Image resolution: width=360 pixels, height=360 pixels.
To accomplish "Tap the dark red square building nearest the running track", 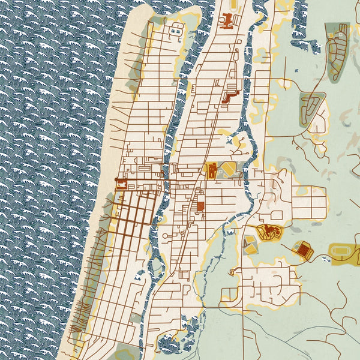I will pos(304,250).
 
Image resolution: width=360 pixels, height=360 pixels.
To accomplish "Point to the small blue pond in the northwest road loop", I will pos(176,29).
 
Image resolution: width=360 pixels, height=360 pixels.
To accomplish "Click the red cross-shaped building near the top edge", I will pos(227,22).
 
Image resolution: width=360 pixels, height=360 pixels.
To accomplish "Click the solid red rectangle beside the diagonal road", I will pos(200,206).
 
